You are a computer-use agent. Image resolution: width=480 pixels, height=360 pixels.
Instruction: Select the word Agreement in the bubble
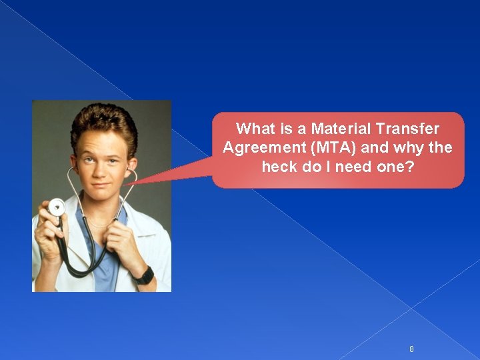256,147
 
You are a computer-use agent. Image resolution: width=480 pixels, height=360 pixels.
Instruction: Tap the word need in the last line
354,167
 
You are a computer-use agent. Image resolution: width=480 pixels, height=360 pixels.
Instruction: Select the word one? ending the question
396,167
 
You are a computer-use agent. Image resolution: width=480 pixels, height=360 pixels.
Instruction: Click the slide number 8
411,349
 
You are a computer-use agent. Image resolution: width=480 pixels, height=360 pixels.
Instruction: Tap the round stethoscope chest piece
57,207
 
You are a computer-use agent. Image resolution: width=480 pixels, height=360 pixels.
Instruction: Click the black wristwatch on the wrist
144,275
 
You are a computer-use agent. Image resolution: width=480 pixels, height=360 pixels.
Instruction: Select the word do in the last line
312,167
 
